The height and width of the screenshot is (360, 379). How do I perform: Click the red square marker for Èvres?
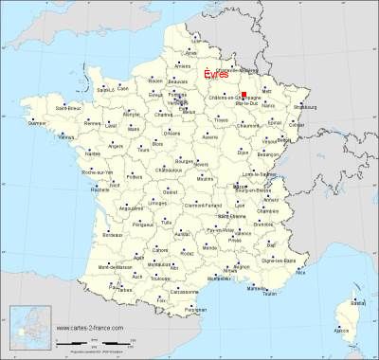(x=244, y=95)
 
